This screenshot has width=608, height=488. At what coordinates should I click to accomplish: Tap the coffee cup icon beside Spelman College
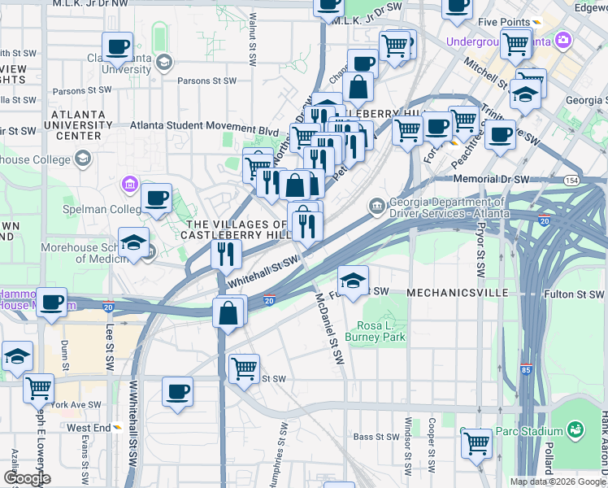pos(156,198)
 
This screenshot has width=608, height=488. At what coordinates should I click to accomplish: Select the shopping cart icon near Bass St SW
pos(476,444)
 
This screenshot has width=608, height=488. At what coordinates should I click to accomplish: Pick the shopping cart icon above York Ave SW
pos(38,389)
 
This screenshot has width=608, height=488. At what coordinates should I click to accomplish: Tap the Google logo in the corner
pos(26,478)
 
